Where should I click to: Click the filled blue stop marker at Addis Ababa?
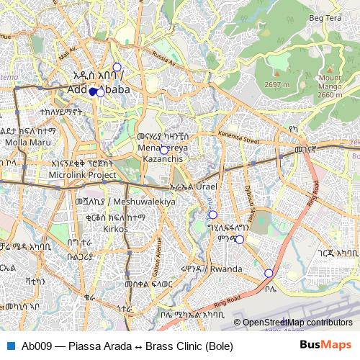[93, 91]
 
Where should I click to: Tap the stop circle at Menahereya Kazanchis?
[164, 150]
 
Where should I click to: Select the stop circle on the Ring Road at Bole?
[269, 273]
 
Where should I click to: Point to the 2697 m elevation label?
[276, 84]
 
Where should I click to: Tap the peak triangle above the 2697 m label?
[276, 76]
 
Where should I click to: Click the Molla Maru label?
[26, 142]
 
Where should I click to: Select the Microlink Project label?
[84, 175]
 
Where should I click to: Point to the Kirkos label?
[114, 228]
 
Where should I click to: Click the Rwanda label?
[227, 269]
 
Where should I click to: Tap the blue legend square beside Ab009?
[11, 346]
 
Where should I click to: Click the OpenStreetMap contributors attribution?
[297, 323]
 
